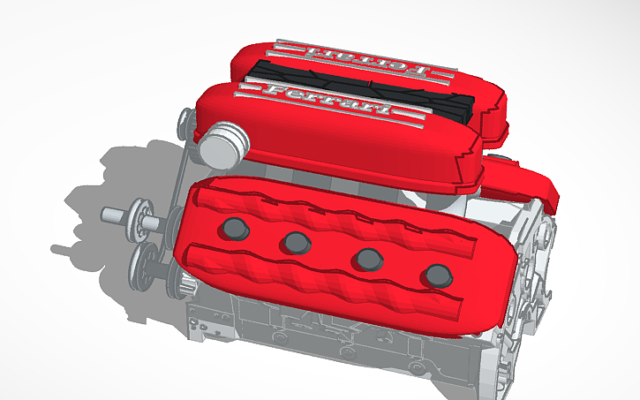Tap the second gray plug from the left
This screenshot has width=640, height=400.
pyautogui.click(x=294, y=241)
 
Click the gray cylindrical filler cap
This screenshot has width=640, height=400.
pyautogui.click(x=219, y=141)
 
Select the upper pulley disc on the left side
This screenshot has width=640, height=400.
pyautogui.click(x=139, y=220)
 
